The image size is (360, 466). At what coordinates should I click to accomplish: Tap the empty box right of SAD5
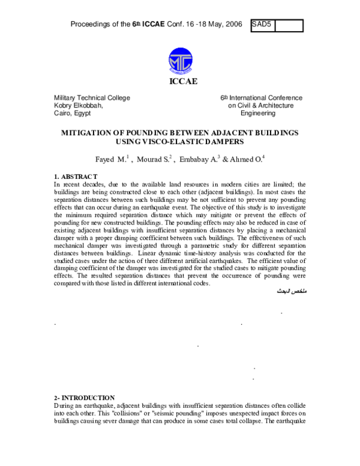288,25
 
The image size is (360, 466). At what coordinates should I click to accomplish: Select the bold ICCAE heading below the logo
179,82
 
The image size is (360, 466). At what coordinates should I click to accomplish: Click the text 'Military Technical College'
92,98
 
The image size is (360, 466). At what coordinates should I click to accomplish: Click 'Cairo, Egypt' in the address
72,113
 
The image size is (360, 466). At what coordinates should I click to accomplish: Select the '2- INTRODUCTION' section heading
84,398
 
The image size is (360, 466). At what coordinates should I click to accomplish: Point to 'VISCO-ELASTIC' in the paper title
171,142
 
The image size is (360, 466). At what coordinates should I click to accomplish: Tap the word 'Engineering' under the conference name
258,113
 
